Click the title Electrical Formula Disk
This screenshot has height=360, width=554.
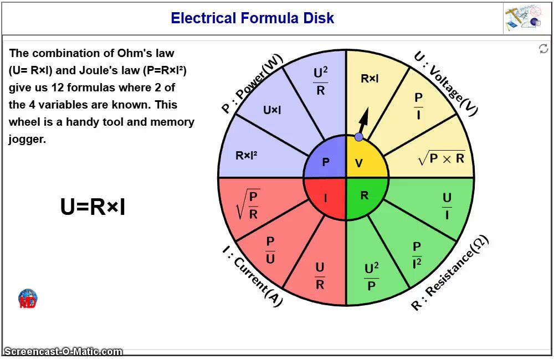pyautogui.click(x=252, y=18)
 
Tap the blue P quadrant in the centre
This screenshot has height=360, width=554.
pyautogui.click(x=326, y=162)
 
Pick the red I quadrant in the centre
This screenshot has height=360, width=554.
pyautogui.click(x=325, y=197)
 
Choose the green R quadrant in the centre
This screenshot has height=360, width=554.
pyautogui.click(x=364, y=196)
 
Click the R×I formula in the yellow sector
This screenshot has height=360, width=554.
pyautogui.click(x=370, y=79)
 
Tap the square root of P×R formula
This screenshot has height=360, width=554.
pyautogui.click(x=442, y=159)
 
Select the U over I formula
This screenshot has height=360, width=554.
pyautogui.click(x=447, y=207)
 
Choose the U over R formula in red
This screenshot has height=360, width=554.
pyautogui.click(x=320, y=276)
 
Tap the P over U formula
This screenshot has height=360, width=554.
pyautogui.click(x=270, y=250)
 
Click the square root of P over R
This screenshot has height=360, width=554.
pyautogui.click(x=248, y=204)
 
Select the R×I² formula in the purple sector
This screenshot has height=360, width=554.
pyautogui.click(x=246, y=156)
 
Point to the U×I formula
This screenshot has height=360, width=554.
pyautogui.click(x=272, y=110)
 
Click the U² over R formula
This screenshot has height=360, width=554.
pyautogui.click(x=320, y=81)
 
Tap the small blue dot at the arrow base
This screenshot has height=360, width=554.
pyautogui.click(x=359, y=137)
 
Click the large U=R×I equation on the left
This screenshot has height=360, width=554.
pyautogui.click(x=93, y=207)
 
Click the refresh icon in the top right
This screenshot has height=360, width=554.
pyautogui.click(x=543, y=49)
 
